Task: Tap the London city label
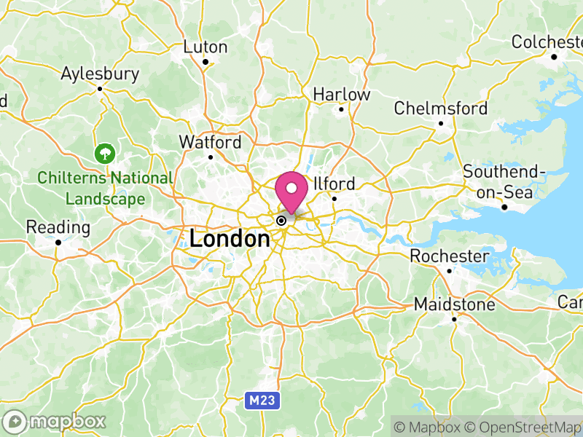click(x=230, y=238)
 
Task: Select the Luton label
click(x=205, y=47)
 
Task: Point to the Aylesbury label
click(x=100, y=74)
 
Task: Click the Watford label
click(x=211, y=141)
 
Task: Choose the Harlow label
click(x=341, y=94)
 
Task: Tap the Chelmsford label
click(x=440, y=109)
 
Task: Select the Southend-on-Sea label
click(x=504, y=182)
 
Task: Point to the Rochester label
click(x=449, y=256)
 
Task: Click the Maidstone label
click(x=454, y=304)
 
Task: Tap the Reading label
click(x=58, y=227)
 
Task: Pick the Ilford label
click(x=335, y=184)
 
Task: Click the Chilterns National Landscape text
click(x=105, y=188)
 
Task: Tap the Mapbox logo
click(x=55, y=421)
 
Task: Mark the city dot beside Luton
click(x=206, y=62)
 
